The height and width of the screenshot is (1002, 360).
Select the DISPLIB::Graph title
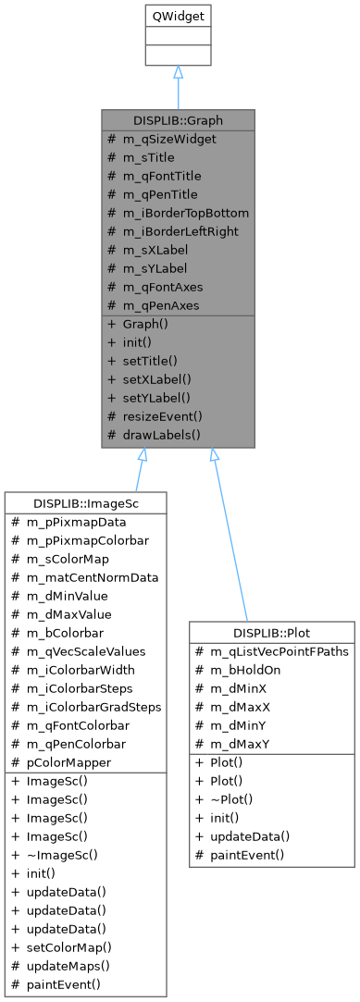(179, 120)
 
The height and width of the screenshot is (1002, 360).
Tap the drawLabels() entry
(162, 434)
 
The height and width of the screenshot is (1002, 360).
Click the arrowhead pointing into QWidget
(179, 71)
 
